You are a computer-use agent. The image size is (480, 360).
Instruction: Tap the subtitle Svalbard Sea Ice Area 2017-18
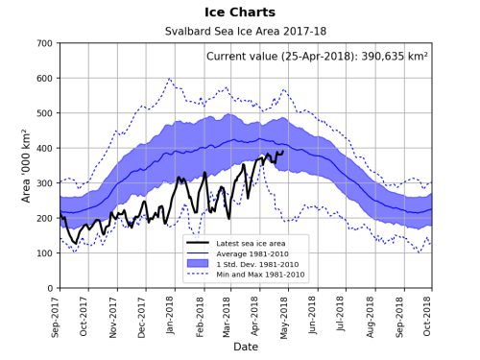point(245,32)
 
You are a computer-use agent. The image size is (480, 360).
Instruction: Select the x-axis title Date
point(245,347)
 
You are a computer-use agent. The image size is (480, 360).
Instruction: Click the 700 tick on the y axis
point(42,44)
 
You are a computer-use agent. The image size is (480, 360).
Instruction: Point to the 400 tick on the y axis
point(42,149)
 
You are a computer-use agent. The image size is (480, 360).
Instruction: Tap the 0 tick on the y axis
point(49,288)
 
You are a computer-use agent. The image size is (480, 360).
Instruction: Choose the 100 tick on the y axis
point(42,253)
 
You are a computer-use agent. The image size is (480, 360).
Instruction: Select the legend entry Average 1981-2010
point(252,253)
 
